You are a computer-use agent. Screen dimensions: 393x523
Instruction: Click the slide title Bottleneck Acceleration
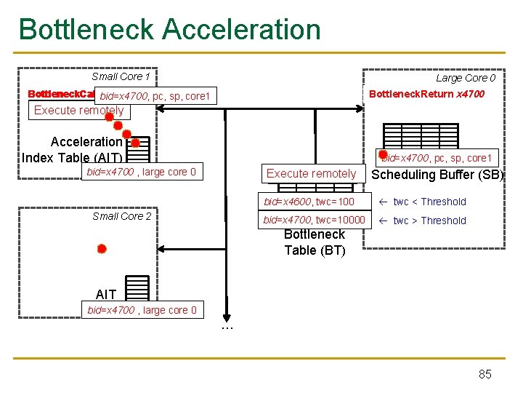pyautogui.click(x=169, y=29)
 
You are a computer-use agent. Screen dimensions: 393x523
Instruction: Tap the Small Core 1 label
pyautogui.click(x=121, y=76)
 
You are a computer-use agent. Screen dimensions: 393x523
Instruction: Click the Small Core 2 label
pyautogui.click(x=122, y=216)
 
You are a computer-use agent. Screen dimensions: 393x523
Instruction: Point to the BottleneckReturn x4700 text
pyautogui.click(x=426, y=94)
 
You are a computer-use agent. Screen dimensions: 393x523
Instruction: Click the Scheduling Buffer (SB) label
pyautogui.click(x=437, y=175)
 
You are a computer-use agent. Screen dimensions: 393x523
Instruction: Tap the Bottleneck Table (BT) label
pyautogui.click(x=315, y=242)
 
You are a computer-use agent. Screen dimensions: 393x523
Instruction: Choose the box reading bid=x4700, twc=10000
pyautogui.click(x=314, y=221)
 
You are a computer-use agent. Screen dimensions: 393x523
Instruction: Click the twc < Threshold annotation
pyautogui.click(x=429, y=202)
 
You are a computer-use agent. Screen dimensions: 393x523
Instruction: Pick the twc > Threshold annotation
pyautogui.click(x=429, y=221)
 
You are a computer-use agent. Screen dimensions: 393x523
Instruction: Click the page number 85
pyautogui.click(x=485, y=374)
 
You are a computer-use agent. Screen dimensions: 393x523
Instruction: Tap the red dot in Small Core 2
pyautogui.click(x=102, y=249)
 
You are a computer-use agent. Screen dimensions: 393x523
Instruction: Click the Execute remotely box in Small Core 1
pyautogui.click(x=78, y=111)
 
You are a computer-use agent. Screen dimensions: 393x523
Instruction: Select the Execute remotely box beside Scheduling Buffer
pyautogui.click(x=311, y=173)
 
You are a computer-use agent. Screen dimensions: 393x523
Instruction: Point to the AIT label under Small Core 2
pyautogui.click(x=106, y=294)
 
